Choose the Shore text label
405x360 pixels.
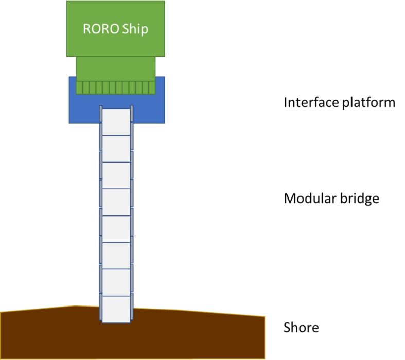tap(301, 328)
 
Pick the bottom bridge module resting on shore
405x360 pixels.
tap(116, 310)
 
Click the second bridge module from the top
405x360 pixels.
tap(116, 149)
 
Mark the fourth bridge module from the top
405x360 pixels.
tap(116, 202)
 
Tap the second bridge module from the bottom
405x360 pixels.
tap(116, 282)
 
